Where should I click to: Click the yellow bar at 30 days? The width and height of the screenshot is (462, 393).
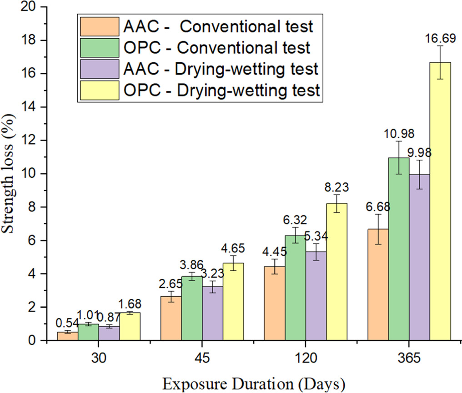click(129, 326)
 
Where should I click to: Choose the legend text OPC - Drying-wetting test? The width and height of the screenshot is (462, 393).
click(221, 91)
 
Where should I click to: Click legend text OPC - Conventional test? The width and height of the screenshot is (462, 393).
click(217, 48)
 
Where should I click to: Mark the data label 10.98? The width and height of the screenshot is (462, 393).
click(398, 134)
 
